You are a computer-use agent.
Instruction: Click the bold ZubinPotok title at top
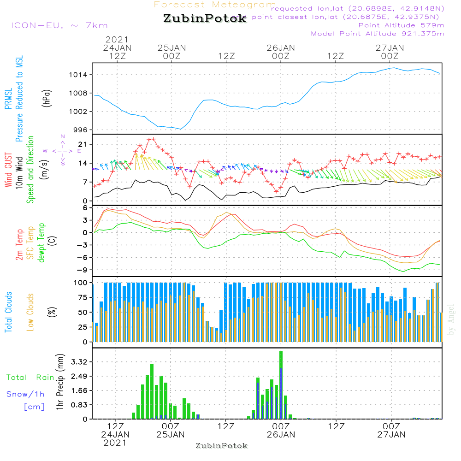205,19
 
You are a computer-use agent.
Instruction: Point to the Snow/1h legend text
25,394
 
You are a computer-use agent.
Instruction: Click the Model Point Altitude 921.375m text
378,34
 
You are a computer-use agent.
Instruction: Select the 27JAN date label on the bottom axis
391,434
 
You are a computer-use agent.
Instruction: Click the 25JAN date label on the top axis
171,48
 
